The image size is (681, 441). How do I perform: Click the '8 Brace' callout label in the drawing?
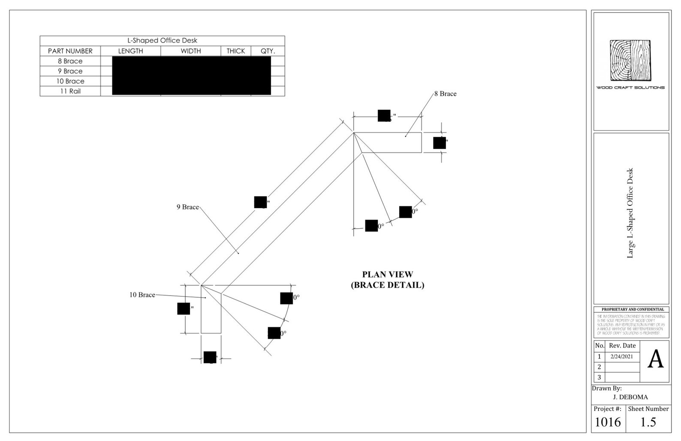coord(445,94)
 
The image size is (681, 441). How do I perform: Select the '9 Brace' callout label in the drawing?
coord(188,207)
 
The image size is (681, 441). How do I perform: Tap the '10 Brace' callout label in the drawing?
coord(142,295)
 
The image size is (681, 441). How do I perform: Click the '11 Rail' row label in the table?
coord(70,91)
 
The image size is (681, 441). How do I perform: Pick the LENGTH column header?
coord(130,51)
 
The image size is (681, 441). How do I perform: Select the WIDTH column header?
coord(190,51)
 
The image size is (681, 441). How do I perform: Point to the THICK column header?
coord(235,51)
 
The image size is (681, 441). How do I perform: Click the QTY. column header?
coord(268,51)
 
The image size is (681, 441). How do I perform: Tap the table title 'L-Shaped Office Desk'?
coord(162,41)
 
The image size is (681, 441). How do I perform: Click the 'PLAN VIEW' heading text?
coord(387,275)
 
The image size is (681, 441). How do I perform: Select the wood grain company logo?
coord(630,60)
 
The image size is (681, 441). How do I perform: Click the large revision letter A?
coord(655,359)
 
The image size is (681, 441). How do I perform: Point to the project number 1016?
coord(608,423)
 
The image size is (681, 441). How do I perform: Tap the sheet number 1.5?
coord(648,423)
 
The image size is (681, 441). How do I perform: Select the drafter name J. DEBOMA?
coord(630,397)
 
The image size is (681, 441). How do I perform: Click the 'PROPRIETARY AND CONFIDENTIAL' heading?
coord(632,309)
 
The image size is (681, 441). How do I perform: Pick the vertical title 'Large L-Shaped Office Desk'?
coord(630,213)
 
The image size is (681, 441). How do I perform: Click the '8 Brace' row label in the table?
coord(70,61)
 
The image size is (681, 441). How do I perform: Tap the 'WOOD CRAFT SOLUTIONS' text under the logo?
coord(630,88)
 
